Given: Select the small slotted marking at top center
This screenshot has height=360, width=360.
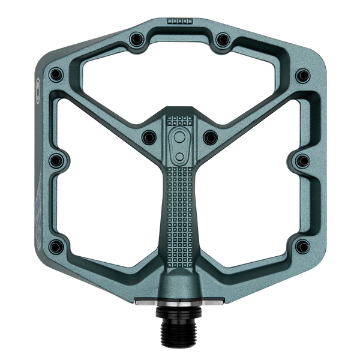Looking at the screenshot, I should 178,21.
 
